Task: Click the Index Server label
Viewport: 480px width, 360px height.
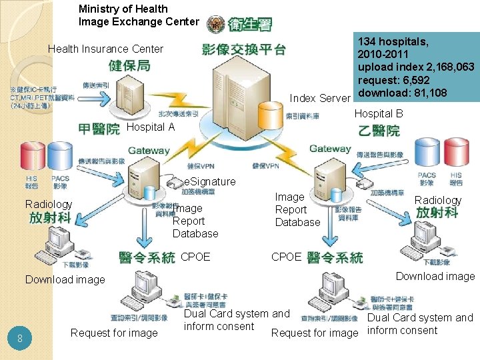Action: point(319,99)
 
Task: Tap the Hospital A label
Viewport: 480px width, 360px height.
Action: point(150,127)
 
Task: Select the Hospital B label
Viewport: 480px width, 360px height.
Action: point(378,113)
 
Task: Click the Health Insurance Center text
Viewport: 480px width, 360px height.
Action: point(105,49)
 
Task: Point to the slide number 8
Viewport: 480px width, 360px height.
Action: point(21,339)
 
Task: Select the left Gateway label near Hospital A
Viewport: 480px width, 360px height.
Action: point(149,151)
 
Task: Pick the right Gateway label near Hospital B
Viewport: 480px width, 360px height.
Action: point(329,149)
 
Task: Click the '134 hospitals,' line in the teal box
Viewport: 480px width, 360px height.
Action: point(393,42)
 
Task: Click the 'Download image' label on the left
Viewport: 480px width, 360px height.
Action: point(65,279)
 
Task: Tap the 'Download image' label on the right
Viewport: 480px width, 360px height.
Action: point(435,276)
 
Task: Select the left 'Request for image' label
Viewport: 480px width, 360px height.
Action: point(114,333)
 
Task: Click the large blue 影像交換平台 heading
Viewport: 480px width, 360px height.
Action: point(243,49)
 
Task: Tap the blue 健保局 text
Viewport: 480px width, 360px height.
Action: point(129,65)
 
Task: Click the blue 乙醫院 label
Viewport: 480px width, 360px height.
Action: point(379,130)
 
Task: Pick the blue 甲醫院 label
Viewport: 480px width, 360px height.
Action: point(99,129)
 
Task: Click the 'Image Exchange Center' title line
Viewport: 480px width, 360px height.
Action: point(139,21)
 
